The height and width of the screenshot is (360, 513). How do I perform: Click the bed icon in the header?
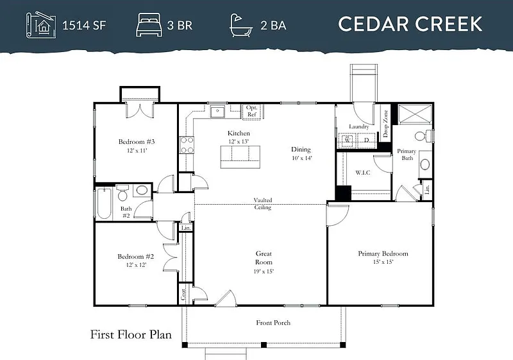(149, 25)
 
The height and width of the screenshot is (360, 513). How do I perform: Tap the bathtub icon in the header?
(241, 25)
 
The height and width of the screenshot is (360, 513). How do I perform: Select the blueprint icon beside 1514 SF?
(40, 25)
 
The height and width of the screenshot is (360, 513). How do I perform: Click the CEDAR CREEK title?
(410, 24)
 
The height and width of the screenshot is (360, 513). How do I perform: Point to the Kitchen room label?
(239, 133)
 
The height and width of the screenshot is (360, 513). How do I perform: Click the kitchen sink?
(217, 112)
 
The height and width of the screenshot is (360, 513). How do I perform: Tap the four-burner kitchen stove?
(187, 145)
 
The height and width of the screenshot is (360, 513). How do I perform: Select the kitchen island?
(240, 157)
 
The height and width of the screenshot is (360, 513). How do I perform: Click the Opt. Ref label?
(251, 111)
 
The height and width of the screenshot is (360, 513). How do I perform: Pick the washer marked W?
(348, 141)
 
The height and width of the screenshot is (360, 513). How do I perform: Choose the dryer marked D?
(366, 141)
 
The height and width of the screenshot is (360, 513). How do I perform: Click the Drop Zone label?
(385, 123)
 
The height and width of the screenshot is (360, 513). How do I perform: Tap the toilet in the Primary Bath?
(423, 136)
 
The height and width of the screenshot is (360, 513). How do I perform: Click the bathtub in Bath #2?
(104, 203)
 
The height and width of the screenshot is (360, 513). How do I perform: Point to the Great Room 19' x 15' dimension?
(264, 271)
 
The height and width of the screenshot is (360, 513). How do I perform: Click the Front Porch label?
(273, 323)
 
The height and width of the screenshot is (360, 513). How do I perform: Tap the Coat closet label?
(183, 294)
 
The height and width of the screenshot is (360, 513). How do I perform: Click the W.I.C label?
(363, 173)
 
